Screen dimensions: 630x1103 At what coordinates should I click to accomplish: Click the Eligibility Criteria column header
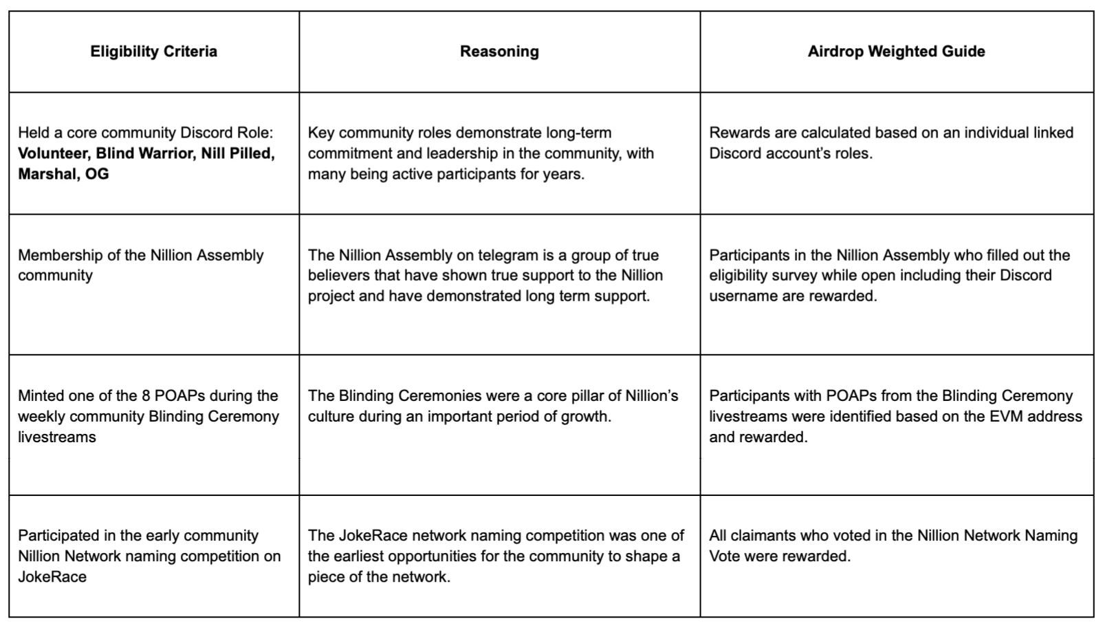(153, 52)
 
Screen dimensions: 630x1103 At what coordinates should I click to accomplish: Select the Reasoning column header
(499, 52)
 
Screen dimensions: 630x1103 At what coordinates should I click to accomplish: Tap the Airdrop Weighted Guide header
(896, 52)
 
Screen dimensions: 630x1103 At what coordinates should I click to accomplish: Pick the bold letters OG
(97, 174)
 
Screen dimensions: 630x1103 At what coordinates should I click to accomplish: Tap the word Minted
(41, 396)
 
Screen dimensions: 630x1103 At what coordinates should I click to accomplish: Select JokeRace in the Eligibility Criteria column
(52, 577)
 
